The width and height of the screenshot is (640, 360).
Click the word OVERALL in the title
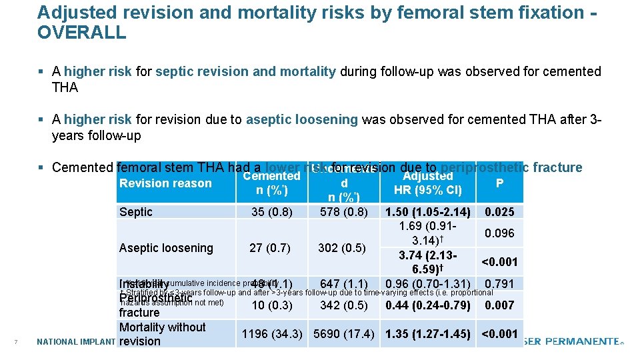point(81,33)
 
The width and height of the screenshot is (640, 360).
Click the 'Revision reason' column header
point(165,183)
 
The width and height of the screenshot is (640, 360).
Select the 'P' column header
point(499,182)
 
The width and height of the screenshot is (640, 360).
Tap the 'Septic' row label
point(136,212)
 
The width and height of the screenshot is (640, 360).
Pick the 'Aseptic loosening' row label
point(166,248)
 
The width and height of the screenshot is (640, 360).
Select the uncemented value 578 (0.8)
point(344,212)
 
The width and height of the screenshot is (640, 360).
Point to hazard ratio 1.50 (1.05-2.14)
point(427,212)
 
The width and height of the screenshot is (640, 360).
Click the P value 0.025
point(499,212)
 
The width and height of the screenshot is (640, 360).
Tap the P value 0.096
point(499,233)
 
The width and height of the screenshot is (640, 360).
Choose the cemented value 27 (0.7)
point(270,248)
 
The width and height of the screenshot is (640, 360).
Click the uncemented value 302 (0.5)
point(341,248)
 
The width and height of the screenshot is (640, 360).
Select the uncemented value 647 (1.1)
point(344,284)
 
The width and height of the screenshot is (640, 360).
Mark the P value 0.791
point(499,284)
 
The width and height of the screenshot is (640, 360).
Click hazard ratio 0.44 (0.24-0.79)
point(427,306)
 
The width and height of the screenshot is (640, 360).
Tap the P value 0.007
point(499,306)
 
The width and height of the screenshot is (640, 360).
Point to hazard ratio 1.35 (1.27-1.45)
point(427,334)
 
